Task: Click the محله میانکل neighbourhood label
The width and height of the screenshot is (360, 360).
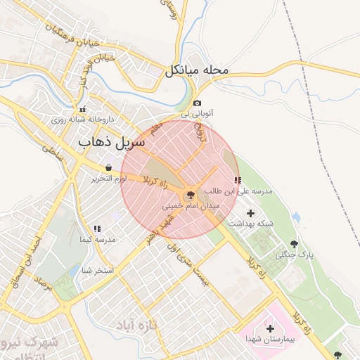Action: [198, 71]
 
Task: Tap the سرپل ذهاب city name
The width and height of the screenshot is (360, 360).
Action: [112, 142]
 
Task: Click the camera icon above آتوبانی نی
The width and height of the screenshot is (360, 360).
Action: [197, 103]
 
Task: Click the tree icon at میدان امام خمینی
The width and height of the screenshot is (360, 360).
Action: [189, 195]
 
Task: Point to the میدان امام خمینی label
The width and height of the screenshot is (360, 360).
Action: [191, 207]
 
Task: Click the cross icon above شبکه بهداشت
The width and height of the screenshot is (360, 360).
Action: [251, 213]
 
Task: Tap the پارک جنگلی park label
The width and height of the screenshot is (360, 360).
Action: [292, 254]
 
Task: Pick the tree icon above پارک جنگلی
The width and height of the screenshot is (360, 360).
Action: [303, 243]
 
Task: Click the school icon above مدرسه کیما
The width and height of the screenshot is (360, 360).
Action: [97, 229]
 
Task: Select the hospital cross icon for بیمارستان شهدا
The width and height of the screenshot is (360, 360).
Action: [271, 328]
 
